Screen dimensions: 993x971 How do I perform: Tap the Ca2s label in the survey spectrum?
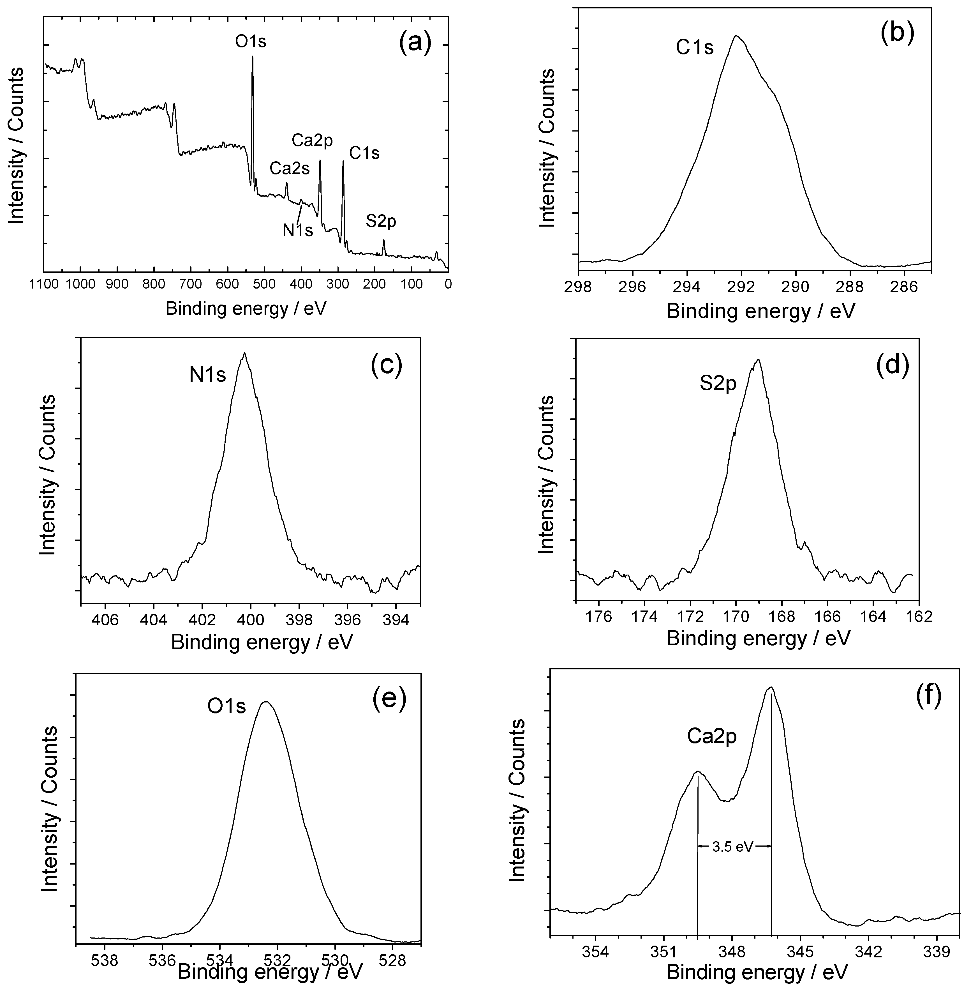289,168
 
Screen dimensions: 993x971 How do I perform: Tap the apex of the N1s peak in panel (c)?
245,352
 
